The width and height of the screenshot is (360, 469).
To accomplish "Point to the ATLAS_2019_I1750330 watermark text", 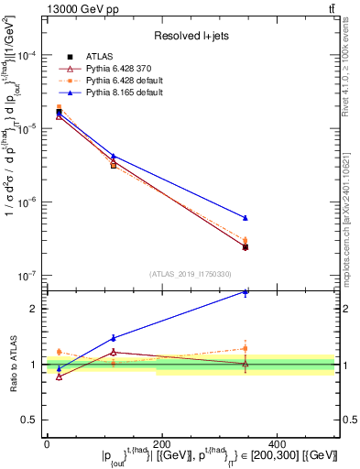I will tap(190, 273).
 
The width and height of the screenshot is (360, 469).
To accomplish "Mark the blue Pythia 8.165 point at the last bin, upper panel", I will tap(245, 218).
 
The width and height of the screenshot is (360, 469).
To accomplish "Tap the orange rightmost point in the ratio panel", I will tap(245, 348).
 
